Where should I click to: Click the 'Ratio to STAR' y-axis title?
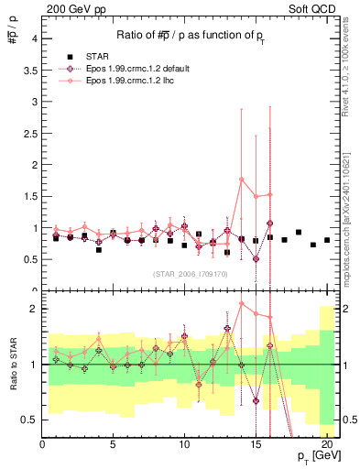pyautogui.click(x=12, y=366)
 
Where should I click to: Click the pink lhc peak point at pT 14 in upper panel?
pyautogui.click(x=242, y=179)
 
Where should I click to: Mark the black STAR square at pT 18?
pyautogui.click(x=299, y=233)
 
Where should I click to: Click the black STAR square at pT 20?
pyautogui.click(x=327, y=240)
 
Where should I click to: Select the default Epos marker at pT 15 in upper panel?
pyautogui.click(x=256, y=258)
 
